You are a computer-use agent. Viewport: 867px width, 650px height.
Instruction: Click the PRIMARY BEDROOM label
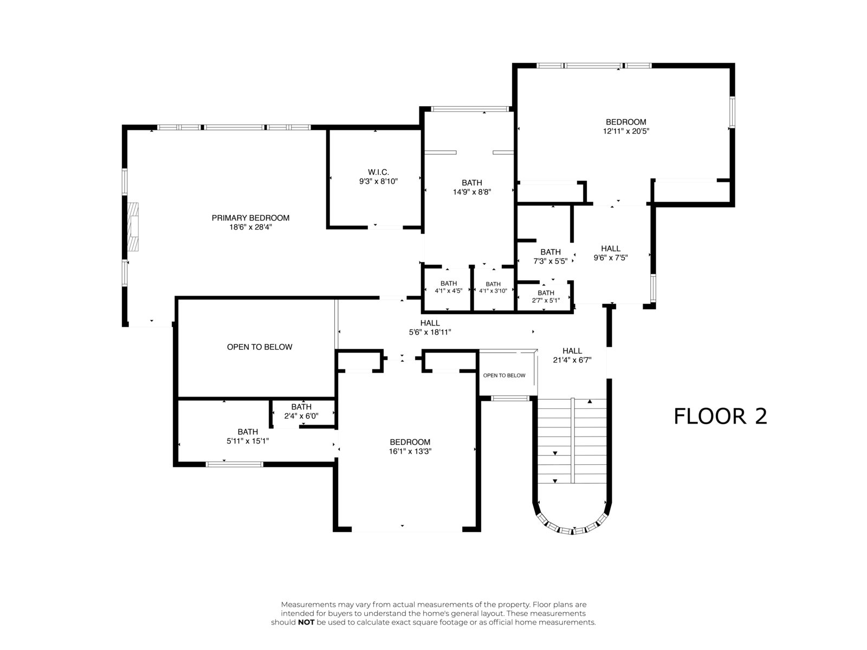pyautogui.click(x=250, y=218)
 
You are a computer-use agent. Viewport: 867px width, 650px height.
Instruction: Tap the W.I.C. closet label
pyautogui.click(x=378, y=172)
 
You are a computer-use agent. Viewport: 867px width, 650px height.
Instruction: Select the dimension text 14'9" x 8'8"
pyautogui.click(x=471, y=192)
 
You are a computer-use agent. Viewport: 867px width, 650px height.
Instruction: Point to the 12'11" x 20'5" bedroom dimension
pyautogui.click(x=626, y=132)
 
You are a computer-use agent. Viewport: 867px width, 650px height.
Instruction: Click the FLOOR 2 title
pyautogui.click(x=720, y=417)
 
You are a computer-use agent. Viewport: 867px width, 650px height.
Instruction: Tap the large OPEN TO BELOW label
pyautogui.click(x=260, y=347)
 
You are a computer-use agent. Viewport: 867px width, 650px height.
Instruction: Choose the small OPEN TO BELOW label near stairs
pyautogui.click(x=504, y=375)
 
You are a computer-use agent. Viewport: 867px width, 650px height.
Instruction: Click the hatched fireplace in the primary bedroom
pyautogui.click(x=133, y=227)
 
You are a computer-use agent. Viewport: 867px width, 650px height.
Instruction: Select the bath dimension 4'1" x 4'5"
pyautogui.click(x=448, y=291)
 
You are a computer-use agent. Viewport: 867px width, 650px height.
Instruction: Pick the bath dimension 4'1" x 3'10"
pyautogui.click(x=493, y=291)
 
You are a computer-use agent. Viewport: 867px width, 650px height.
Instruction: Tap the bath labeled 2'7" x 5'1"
pyautogui.click(x=546, y=296)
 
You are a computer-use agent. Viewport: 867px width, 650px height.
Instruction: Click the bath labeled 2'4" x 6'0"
pyautogui.click(x=301, y=411)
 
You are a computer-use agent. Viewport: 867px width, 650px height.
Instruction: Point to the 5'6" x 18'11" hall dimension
pyautogui.click(x=430, y=332)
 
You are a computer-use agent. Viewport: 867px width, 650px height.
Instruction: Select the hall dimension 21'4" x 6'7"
pyautogui.click(x=572, y=360)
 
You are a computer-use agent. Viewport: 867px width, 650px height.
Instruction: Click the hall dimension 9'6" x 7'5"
pyautogui.click(x=611, y=258)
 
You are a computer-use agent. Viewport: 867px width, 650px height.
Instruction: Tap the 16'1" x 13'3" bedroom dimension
pyautogui.click(x=410, y=451)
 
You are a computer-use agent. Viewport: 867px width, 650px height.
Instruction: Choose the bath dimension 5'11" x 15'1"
pyautogui.click(x=248, y=441)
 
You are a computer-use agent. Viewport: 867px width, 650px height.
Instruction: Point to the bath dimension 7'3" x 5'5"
pyautogui.click(x=550, y=261)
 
